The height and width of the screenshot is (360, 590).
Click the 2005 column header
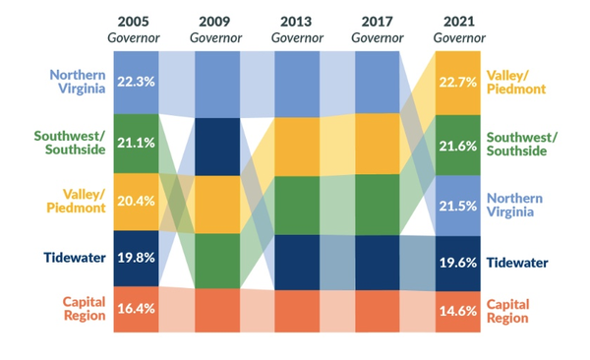pyautogui.click(x=136, y=21)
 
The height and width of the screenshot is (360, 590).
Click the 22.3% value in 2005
pyautogui.click(x=136, y=82)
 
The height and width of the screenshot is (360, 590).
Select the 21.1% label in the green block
pyautogui.click(x=136, y=144)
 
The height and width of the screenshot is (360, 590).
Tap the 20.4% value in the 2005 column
pyautogui.click(x=136, y=202)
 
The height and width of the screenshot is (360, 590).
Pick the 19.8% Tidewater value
pyautogui.click(x=136, y=258)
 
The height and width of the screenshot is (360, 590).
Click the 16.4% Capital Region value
pyautogui.click(x=136, y=309)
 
